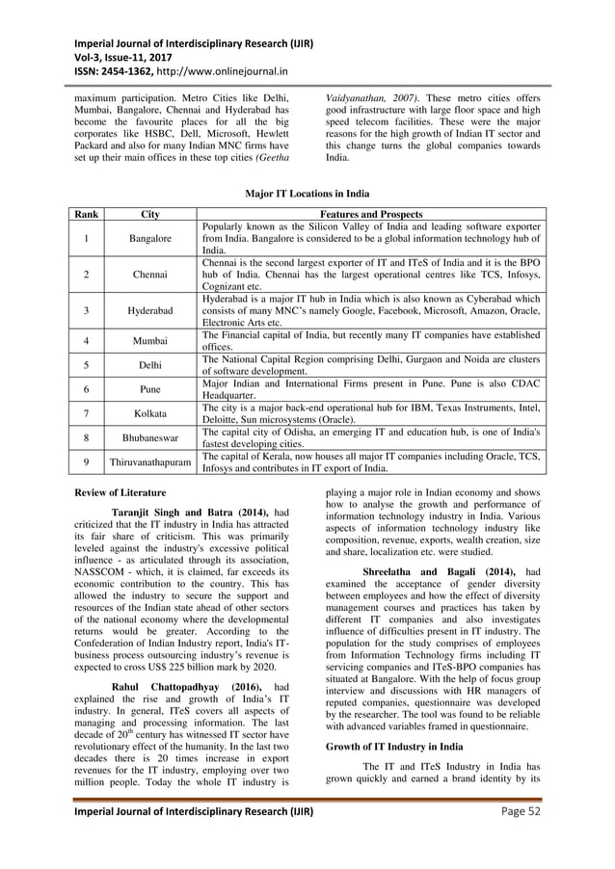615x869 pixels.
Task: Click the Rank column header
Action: click(x=85, y=213)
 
